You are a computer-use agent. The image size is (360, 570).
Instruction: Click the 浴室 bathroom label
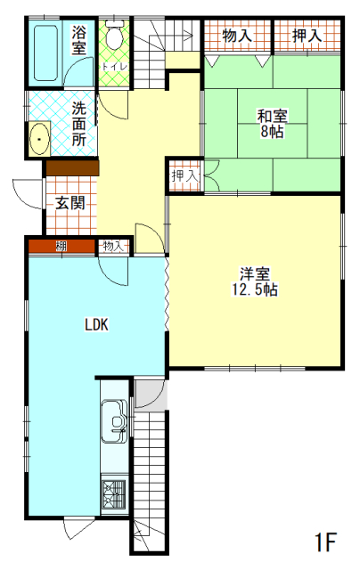pos(79,41)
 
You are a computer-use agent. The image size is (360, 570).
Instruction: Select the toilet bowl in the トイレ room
pos(114,38)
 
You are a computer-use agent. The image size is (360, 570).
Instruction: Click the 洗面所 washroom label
pos(79,124)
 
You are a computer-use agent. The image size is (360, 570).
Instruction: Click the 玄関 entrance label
pos(70,202)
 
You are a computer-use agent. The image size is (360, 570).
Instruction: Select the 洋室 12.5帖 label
pos(255,281)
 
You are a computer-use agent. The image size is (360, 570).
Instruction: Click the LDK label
pos(96,325)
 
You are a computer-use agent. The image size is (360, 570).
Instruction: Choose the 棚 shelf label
pos(61,245)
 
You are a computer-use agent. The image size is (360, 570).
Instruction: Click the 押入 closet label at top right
pos(307,37)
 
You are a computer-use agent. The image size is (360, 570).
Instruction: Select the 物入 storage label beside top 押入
pos(236,37)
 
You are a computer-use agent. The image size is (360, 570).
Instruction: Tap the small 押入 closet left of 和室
pos(185,176)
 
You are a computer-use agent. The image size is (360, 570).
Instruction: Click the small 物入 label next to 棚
pos(113,245)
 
